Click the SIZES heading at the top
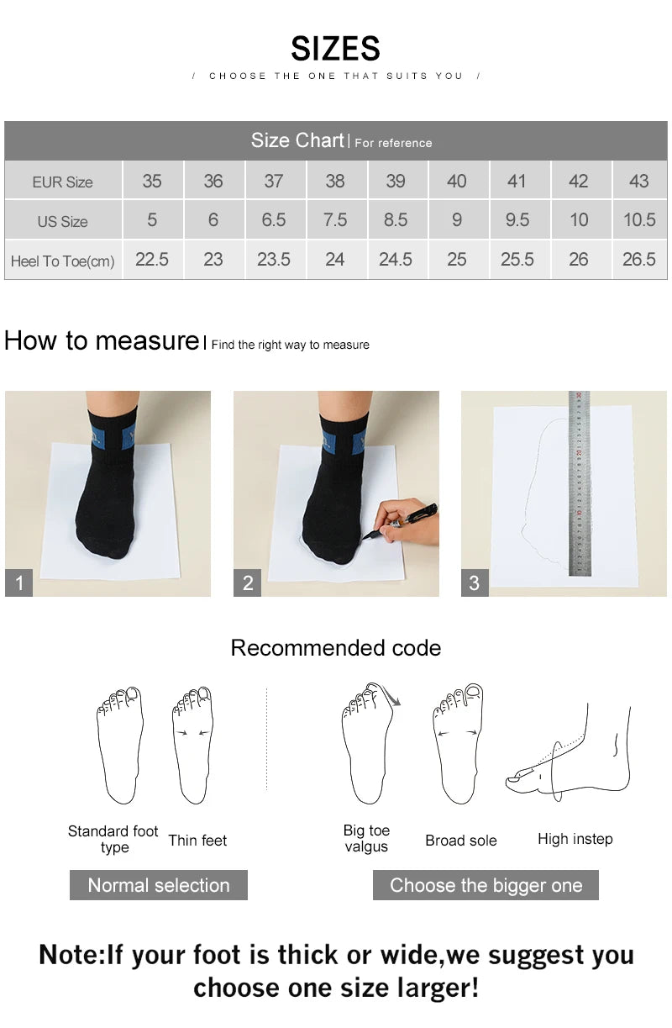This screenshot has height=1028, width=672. coord(335,49)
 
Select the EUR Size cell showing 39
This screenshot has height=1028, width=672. coord(396,181)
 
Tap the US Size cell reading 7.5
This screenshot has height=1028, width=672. coord(334,220)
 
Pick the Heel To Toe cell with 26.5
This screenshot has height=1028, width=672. coord(638,260)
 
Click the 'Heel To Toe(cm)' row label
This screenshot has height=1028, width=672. coord(62,261)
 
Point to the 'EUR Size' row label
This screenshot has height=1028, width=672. coord(62,182)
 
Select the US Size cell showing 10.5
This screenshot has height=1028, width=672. coord(638,220)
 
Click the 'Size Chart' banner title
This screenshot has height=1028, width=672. coord(298,140)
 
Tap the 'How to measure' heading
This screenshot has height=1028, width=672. coord(101,340)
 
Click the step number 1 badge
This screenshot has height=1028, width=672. coord(18,583)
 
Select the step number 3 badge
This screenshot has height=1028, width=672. coord(475,583)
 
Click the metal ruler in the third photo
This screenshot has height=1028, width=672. coord(579,483)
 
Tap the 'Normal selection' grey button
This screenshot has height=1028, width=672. coord(158,885)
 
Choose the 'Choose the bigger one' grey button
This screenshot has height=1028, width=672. coord(486,885)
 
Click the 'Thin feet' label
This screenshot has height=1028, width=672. coord(197,841)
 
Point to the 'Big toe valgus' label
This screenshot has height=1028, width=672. coord(366,838)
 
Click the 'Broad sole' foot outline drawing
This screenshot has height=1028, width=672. coord(458,744)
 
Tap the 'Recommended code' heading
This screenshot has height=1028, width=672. coord(335,648)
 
